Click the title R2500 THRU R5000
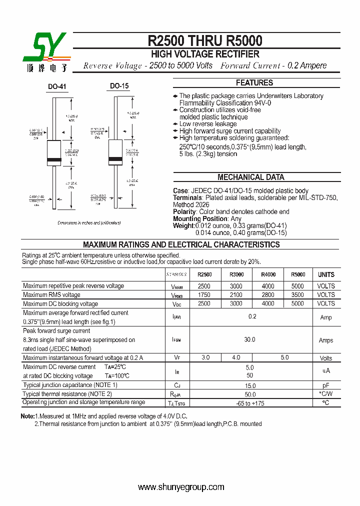tap(205, 40)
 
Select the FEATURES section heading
tap(254, 83)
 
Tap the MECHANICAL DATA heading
tap(251, 177)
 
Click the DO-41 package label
tap(57, 86)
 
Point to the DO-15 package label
tap(119, 86)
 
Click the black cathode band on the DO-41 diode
tap(53, 160)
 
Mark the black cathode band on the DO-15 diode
tap(115, 160)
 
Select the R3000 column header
tap(236, 274)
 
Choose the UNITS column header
tap(326, 274)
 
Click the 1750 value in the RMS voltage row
tap(204, 295)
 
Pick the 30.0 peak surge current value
tap(249, 339)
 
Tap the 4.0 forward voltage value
tap(236, 357)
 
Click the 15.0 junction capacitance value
tap(250, 385)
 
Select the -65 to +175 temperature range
tap(250, 403)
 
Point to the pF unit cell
tap(326, 385)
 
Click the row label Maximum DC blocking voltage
tap(60, 304)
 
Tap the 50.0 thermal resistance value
tap(250, 394)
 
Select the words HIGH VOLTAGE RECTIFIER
tap(205, 54)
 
